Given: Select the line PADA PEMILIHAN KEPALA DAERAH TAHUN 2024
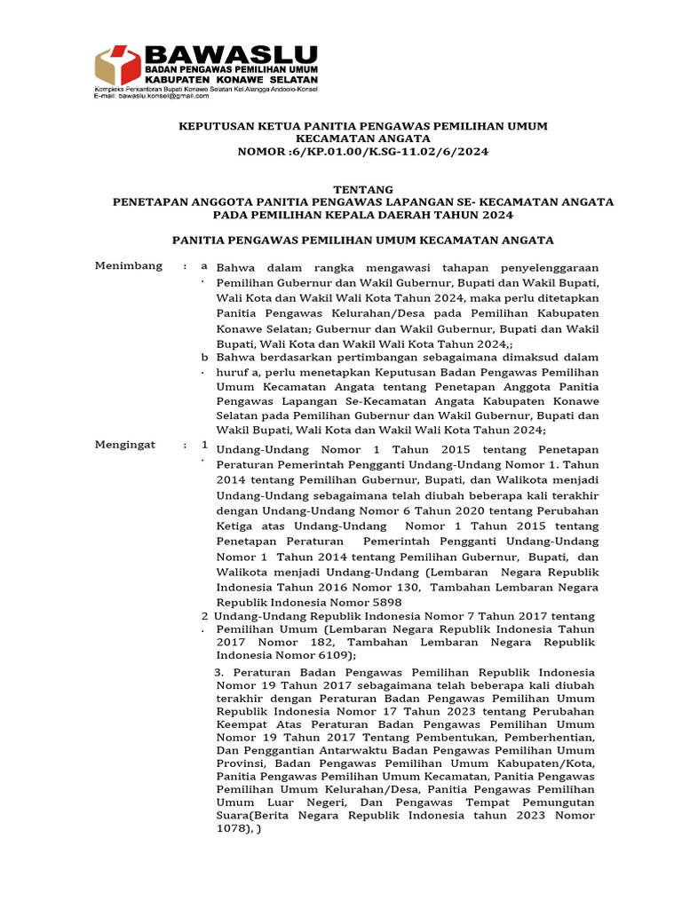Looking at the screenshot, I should point(362,214).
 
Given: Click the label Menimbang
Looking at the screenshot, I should point(129,265).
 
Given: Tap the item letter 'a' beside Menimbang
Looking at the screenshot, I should point(203,265).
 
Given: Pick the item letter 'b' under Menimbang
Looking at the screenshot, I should point(203,356).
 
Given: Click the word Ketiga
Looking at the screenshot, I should point(235,526).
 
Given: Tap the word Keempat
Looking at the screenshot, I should point(240,724).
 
